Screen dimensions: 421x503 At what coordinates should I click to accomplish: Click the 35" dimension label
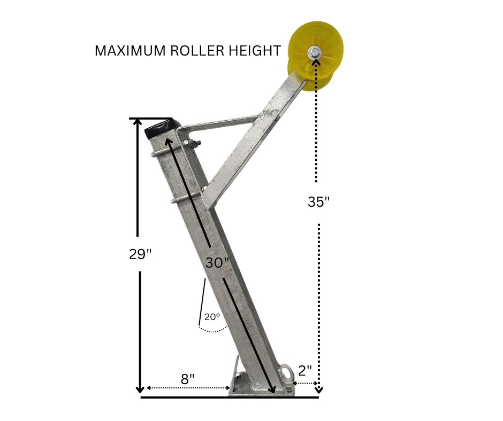318,202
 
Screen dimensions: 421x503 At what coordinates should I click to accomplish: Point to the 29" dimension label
140,254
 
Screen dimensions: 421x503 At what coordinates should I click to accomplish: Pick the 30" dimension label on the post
217,262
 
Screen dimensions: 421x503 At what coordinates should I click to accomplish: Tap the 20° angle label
212,316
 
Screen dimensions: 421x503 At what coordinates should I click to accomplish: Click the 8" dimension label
188,379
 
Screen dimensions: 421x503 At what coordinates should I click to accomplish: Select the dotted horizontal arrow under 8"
188,388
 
